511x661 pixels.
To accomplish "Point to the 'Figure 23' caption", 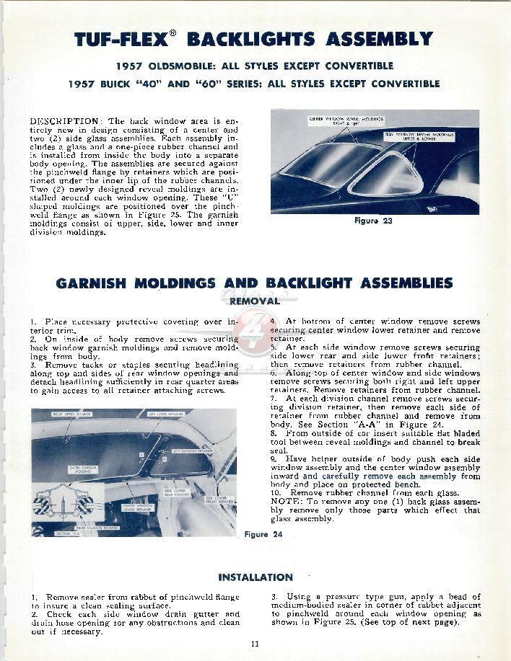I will [x=373, y=221].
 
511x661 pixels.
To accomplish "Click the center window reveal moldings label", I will [x=346, y=120].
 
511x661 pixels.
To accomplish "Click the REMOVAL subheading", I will [x=254, y=301].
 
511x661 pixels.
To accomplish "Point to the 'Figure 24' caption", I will [x=263, y=534].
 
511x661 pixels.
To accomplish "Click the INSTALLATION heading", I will [x=255, y=577].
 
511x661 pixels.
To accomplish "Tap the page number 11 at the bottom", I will [x=255, y=644].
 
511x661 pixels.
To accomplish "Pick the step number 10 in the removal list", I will [x=276, y=492].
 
